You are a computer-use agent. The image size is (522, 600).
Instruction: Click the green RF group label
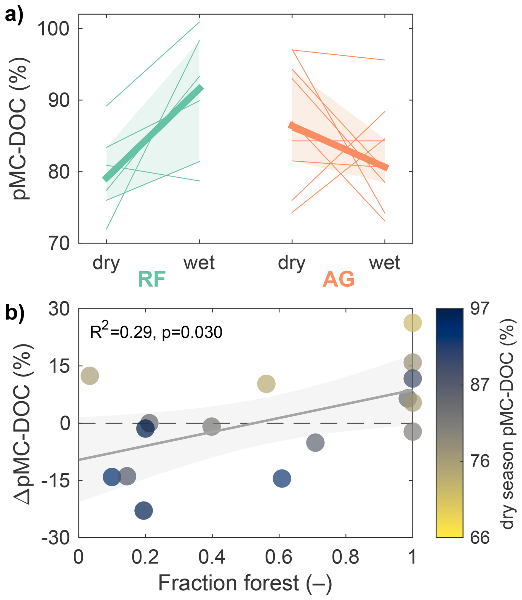(152, 279)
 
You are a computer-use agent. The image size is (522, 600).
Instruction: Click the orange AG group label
(339, 279)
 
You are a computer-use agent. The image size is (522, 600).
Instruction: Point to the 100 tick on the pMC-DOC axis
(54, 29)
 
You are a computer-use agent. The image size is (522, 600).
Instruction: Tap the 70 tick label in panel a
(59, 244)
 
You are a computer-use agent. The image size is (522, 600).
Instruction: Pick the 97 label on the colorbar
(480, 309)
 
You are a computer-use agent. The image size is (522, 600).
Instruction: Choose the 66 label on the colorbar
(480, 537)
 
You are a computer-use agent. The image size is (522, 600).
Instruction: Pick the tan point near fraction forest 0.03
(90, 376)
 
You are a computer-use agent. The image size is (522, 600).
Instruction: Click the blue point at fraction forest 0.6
(282, 478)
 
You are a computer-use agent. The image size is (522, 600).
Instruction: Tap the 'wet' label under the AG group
(385, 263)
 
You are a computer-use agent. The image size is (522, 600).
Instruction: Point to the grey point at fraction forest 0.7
(315, 443)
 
